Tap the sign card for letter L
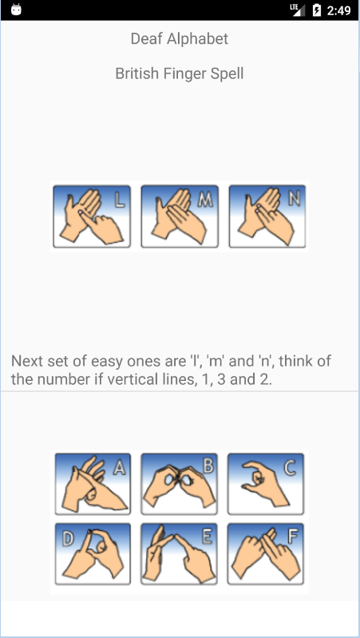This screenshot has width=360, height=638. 92,216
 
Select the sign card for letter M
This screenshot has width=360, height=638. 180,216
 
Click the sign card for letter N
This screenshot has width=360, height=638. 267,216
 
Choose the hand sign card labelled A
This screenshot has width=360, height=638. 93,484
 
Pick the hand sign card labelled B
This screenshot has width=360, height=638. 179,484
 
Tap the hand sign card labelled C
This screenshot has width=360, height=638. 266,484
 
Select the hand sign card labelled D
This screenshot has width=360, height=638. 93,554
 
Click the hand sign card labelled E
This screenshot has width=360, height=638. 179,554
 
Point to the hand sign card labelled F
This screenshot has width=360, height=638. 266,554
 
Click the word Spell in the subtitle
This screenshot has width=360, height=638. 227,74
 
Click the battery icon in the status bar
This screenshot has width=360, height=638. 316,10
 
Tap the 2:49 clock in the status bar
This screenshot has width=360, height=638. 338,10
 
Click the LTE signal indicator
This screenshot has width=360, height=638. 298,10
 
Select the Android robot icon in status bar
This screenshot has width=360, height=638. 16,10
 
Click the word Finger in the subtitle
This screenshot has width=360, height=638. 184,74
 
